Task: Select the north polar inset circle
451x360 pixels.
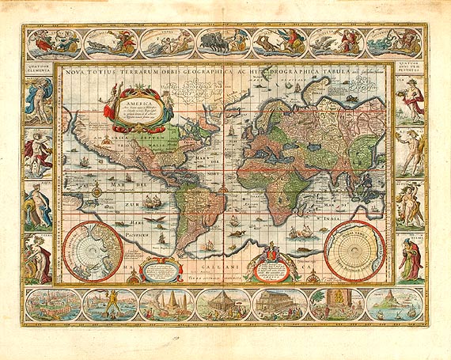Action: [x=93, y=252]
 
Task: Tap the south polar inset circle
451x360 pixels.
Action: [x=354, y=252]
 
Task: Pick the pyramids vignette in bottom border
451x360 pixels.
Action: [x=166, y=305]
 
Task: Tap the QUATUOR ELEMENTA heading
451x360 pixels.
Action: [x=38, y=70]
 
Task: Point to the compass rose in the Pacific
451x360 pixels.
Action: [x=95, y=189]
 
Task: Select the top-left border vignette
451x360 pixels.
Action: [x=52, y=43]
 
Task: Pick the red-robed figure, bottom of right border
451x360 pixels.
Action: [x=410, y=260]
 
